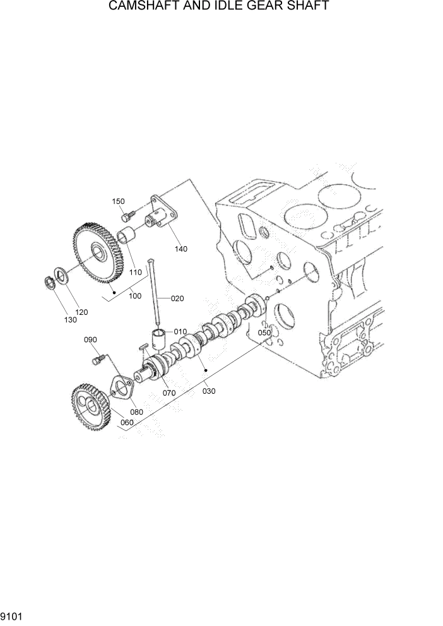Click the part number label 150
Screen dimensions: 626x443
pos(119,201)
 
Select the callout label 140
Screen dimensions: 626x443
pos(181,249)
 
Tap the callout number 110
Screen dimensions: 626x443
pos(134,272)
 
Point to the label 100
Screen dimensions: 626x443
pos(134,295)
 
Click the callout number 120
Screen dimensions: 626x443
pos(81,312)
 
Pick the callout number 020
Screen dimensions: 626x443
pos(177,298)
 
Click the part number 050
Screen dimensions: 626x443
pos(264,333)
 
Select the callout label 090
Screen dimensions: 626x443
pos(91,340)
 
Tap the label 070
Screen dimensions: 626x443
pos(168,393)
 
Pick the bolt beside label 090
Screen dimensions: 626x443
pos(98,359)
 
